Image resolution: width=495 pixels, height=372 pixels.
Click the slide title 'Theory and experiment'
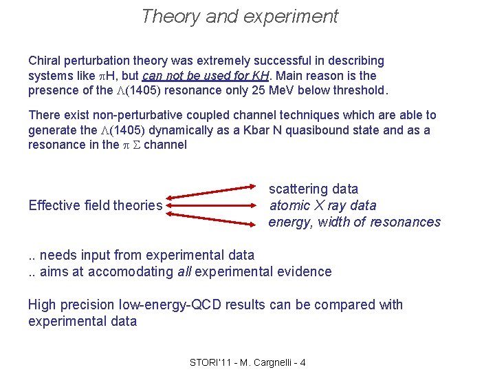(x=239, y=17)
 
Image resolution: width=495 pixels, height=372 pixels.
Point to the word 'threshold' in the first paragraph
(x=361, y=90)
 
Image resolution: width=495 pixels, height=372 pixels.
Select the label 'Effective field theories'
(x=96, y=205)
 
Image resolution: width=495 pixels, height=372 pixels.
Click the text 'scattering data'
(x=313, y=189)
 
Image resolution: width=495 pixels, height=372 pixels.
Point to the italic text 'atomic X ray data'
(x=323, y=205)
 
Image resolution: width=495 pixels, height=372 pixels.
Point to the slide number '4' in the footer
(x=303, y=362)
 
